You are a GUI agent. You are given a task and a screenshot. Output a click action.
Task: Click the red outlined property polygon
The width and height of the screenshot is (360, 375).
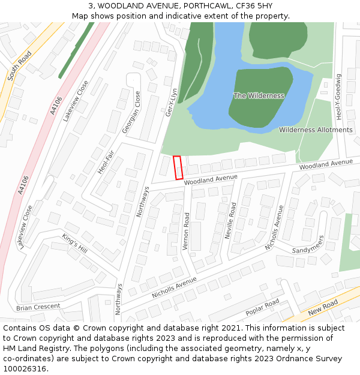click(178, 167)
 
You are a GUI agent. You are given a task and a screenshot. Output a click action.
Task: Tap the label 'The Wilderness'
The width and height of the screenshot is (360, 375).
click(259, 96)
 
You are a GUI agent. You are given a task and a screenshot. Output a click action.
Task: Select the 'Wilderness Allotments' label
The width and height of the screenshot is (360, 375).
click(316, 130)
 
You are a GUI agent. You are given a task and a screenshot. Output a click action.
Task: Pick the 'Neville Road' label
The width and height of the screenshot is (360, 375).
click(230, 221)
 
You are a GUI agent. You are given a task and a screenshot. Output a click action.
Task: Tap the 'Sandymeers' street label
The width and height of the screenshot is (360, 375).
click(308, 242)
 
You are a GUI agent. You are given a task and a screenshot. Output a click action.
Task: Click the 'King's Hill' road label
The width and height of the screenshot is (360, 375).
click(74, 243)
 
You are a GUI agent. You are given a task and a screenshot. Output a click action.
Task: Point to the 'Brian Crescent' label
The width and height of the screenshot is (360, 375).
click(38, 307)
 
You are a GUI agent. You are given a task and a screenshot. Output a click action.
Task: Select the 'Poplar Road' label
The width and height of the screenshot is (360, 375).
click(262, 307)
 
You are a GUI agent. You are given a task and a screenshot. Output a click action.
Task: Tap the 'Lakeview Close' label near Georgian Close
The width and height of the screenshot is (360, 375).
click(76, 100)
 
